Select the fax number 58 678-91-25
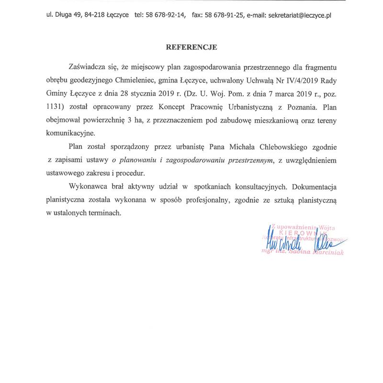[224, 15]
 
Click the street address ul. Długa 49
[68, 15]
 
